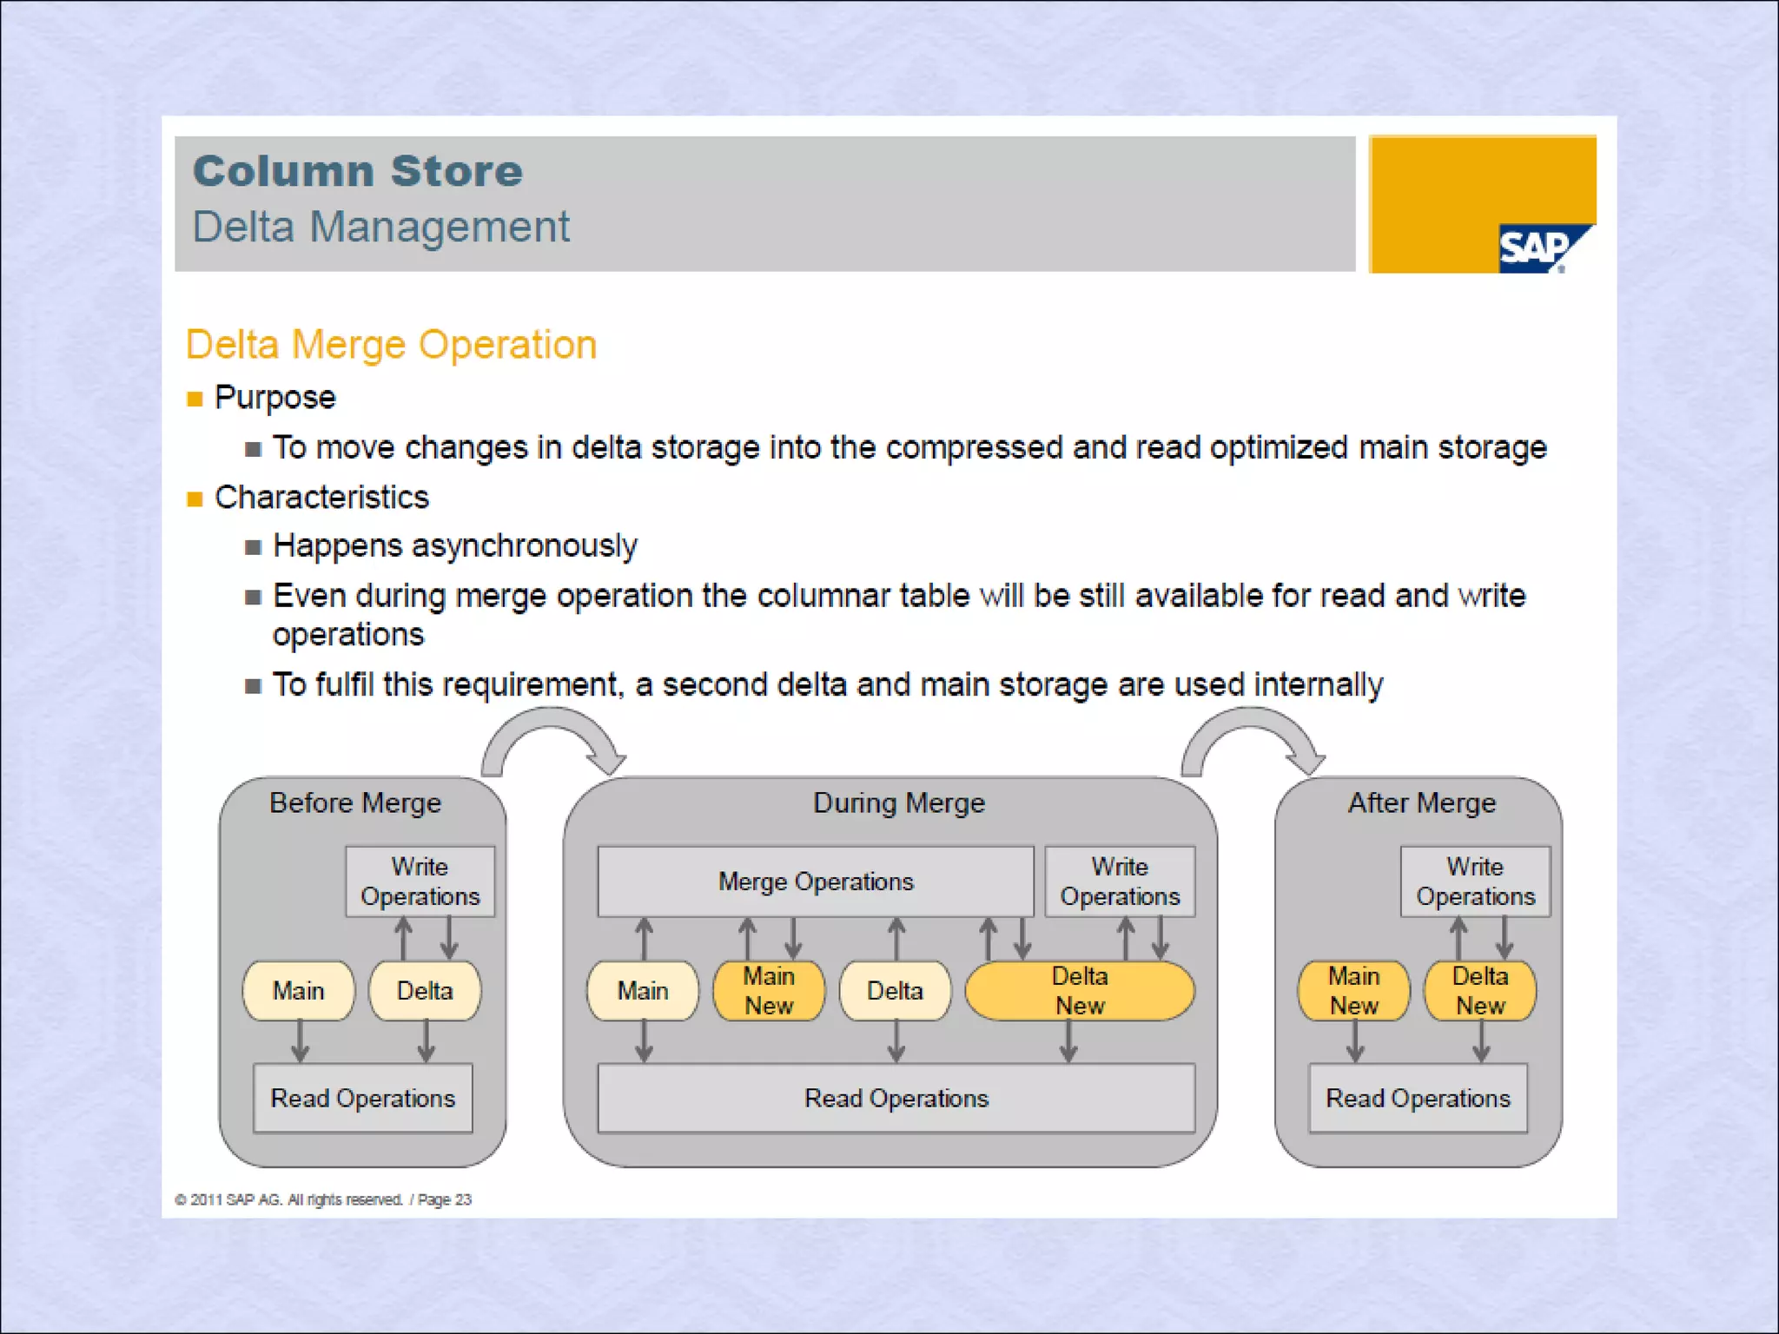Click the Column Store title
(x=358, y=170)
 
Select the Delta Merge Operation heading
(x=391, y=345)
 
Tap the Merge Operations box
(x=815, y=882)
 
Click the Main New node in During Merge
(x=769, y=991)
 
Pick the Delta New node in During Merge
(x=1080, y=991)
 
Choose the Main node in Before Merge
(x=298, y=991)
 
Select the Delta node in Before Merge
(x=425, y=991)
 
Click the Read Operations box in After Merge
(x=1418, y=1099)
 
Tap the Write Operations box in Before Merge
(x=420, y=882)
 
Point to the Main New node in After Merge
(x=1353, y=991)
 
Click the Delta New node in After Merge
(x=1480, y=991)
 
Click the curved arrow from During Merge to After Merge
(x=1253, y=738)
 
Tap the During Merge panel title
(x=898, y=803)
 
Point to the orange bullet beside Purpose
(x=195, y=399)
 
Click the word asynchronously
(x=524, y=546)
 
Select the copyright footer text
(x=323, y=1199)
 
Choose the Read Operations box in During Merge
(x=896, y=1099)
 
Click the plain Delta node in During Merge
(x=895, y=991)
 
